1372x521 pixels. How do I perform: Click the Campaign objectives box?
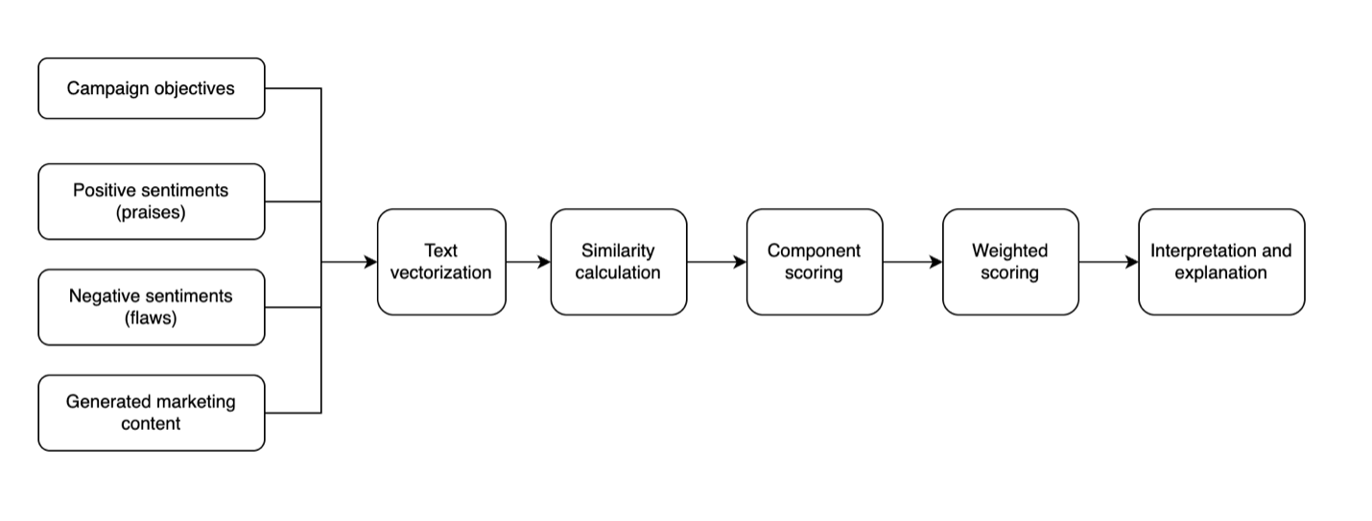click(x=151, y=88)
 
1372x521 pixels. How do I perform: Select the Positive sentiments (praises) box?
click(x=151, y=201)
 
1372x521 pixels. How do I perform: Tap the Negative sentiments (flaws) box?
click(x=151, y=307)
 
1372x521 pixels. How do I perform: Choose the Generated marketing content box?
click(x=151, y=413)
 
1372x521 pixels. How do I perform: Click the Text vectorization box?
click(x=441, y=262)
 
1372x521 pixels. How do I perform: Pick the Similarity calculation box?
click(x=618, y=262)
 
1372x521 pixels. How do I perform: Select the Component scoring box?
click(x=814, y=262)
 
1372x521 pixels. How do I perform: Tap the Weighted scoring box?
click(x=1009, y=262)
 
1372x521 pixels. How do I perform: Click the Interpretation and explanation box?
click(x=1220, y=262)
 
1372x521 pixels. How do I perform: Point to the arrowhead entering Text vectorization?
click(x=370, y=262)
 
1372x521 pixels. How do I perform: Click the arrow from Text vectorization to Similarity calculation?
click(x=528, y=262)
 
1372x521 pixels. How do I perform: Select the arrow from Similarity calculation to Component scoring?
click(x=716, y=262)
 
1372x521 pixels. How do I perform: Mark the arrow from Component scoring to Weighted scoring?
click(x=911, y=262)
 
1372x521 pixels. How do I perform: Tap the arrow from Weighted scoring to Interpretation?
click(x=1108, y=262)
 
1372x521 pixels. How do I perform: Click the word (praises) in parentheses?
click(x=151, y=213)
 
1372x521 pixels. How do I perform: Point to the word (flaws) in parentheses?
click(x=151, y=319)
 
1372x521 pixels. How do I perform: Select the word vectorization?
click(x=441, y=273)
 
